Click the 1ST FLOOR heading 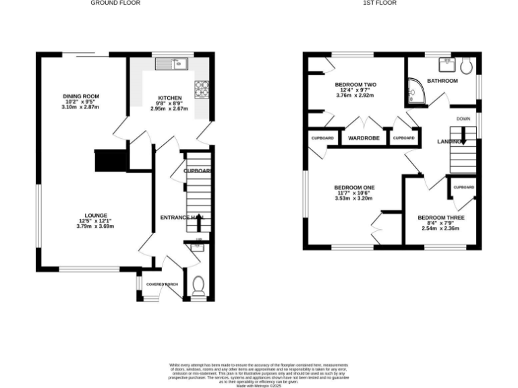[x=380, y=3]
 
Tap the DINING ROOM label [x=81, y=96]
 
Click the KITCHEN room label [x=169, y=98]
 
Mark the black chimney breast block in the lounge [x=111, y=160]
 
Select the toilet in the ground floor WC [x=198, y=288]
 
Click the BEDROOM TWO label [x=355, y=84]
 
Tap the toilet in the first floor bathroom [x=465, y=65]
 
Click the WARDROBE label [x=363, y=138]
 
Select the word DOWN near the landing [x=463, y=119]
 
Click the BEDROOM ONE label [x=355, y=187]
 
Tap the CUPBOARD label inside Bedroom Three [x=463, y=187]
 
